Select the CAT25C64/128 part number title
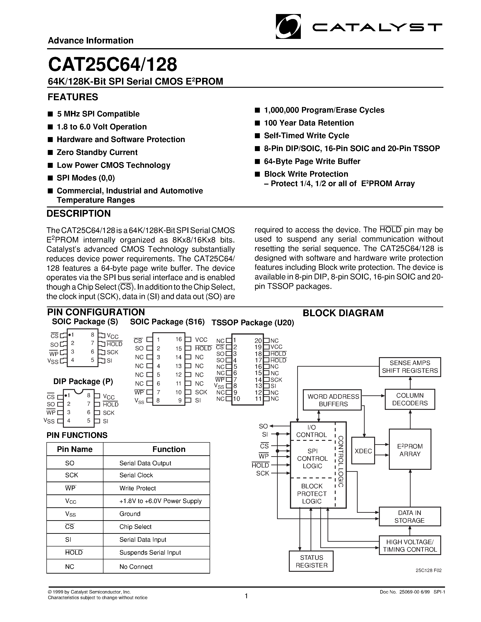(x=112, y=64)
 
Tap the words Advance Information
(x=91, y=40)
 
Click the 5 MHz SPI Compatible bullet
(x=98, y=114)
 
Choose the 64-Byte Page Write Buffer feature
(x=312, y=161)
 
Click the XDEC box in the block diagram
(x=363, y=451)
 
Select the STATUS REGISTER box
(x=311, y=561)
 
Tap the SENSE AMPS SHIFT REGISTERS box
(x=409, y=367)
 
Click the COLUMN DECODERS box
(x=409, y=399)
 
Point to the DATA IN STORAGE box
(x=409, y=516)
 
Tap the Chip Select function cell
(x=135, y=527)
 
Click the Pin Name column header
(x=75, y=449)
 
